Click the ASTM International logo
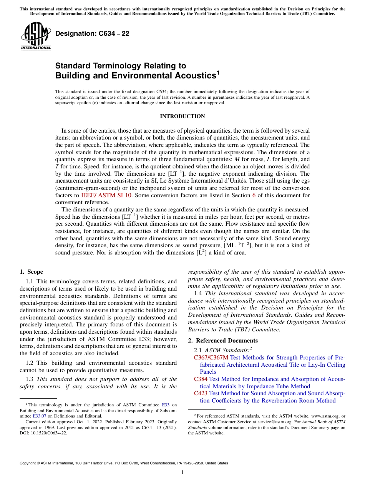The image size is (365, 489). pyautogui.click(x=36, y=37)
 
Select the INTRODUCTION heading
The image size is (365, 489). pyautogui.click(x=182, y=116)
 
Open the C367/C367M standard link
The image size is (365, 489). pyautogui.click(x=211, y=358)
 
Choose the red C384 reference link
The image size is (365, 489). pyautogui.click(x=201, y=379)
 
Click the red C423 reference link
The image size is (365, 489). pyautogui.click(x=201, y=393)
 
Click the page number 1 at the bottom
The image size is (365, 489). pyautogui.click(x=182, y=472)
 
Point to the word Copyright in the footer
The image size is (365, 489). pyautogui.click(x=29, y=463)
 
